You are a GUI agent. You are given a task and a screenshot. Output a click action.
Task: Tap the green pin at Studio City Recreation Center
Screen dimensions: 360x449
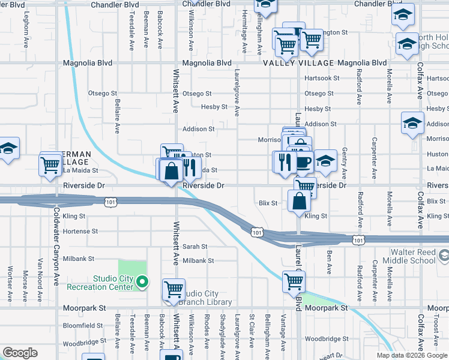point(142,281)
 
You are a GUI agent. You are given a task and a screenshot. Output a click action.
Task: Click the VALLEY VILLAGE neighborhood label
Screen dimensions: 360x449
point(298,63)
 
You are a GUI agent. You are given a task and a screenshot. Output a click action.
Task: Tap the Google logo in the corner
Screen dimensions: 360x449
point(20,353)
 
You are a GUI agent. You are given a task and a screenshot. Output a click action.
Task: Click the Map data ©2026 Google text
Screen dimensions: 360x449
point(412,355)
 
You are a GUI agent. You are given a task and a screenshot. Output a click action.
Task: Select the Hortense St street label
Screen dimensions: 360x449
point(80,231)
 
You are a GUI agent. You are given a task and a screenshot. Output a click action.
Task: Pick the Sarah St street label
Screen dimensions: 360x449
point(194,247)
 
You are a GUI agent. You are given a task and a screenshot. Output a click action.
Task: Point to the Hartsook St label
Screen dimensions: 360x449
point(321,79)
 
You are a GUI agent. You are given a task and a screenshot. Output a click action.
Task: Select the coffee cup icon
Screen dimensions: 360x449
point(304,161)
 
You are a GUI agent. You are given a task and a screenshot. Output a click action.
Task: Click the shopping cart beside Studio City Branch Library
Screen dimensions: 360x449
point(173,290)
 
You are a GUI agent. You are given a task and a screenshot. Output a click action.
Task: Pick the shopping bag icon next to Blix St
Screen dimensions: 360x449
point(299,201)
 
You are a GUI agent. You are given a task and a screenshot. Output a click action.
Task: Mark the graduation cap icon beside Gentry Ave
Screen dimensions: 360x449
point(325,161)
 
